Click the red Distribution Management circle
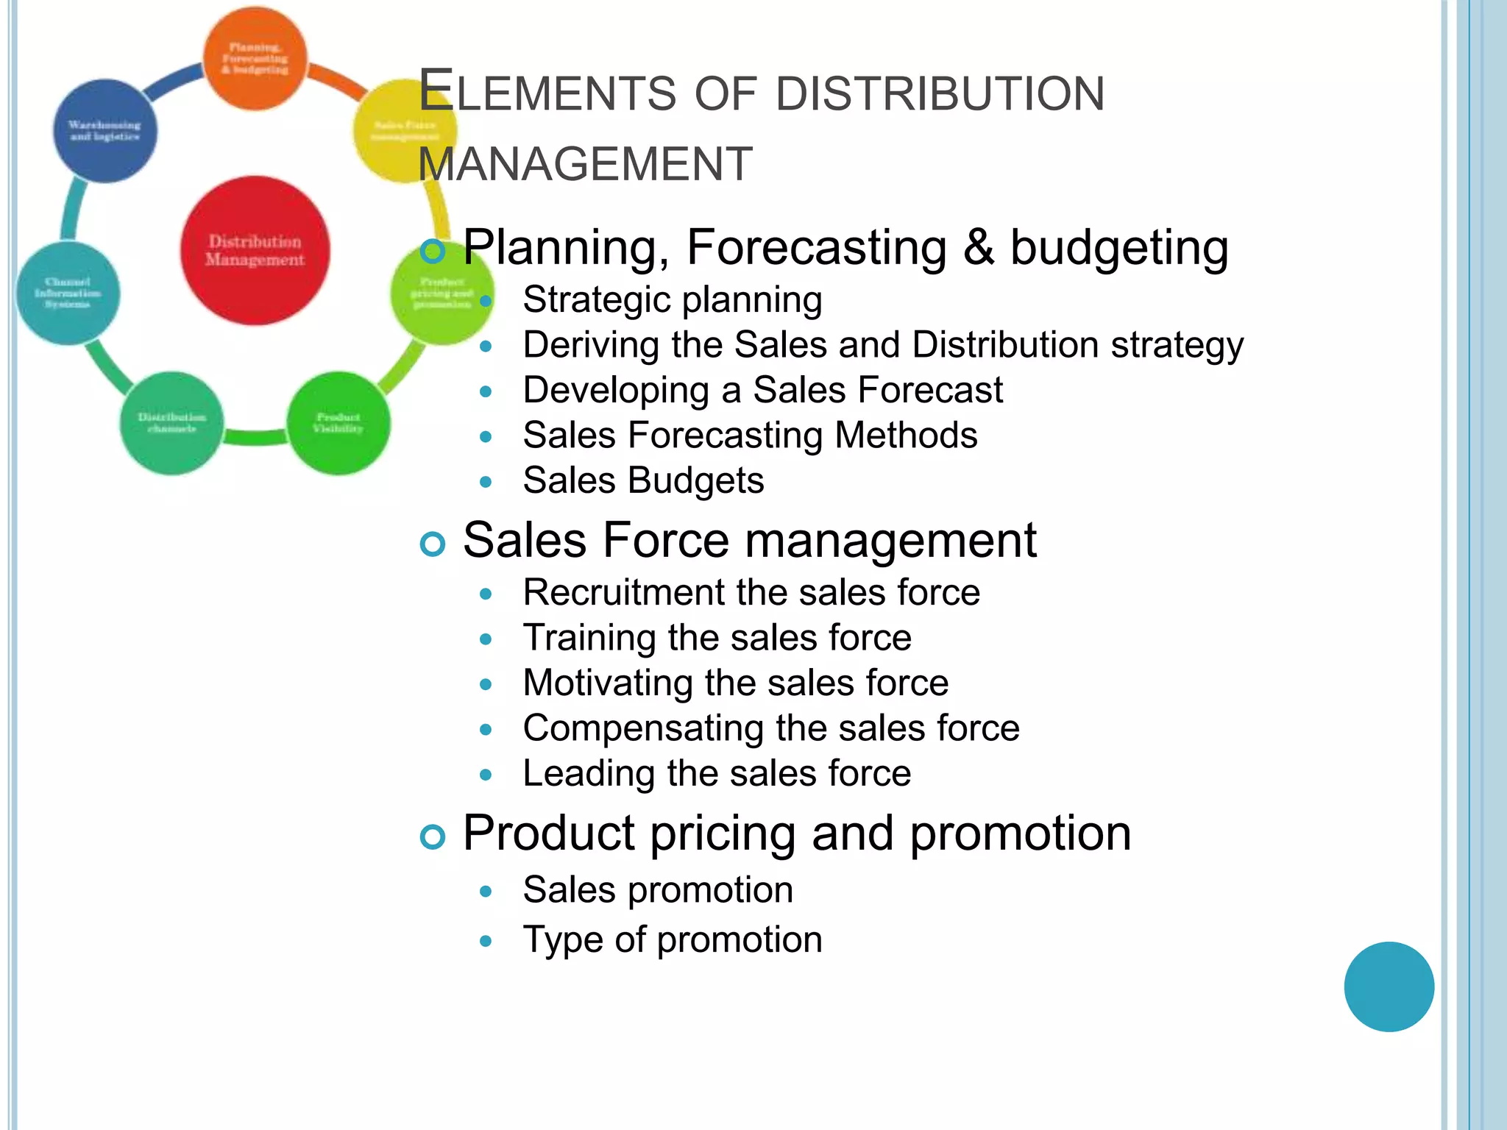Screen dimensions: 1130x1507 (x=255, y=250)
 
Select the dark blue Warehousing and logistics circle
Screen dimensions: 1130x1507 (x=104, y=131)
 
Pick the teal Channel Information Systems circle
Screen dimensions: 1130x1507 (x=68, y=293)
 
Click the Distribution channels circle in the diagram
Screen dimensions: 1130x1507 (x=171, y=423)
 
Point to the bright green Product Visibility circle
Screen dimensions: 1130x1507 (x=338, y=423)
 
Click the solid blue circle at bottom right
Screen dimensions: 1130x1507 (x=1389, y=987)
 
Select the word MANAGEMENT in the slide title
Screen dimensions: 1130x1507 (x=586, y=163)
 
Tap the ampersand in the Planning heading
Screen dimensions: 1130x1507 (x=979, y=247)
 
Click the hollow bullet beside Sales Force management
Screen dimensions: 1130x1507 (x=433, y=544)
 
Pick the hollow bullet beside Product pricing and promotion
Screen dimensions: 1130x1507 (x=433, y=837)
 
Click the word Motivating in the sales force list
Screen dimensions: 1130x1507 (x=608, y=683)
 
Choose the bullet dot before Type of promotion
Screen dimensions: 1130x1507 (x=485, y=941)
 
